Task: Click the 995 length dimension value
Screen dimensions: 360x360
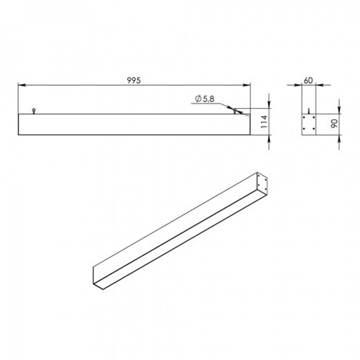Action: [x=134, y=80]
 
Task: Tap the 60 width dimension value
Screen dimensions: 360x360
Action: [x=308, y=80]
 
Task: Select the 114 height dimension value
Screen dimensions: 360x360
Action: [x=264, y=122]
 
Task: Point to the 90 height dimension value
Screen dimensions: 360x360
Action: [x=334, y=123]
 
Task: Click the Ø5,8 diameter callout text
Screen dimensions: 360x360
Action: [x=204, y=99]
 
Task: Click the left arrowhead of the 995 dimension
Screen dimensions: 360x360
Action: [x=21, y=85]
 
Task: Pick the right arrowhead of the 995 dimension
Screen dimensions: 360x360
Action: [x=246, y=85]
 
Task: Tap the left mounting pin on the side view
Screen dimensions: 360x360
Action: [x=34, y=111]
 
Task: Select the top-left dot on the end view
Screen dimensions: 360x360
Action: [x=305, y=118]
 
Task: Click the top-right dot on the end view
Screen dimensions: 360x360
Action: [x=314, y=118]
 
